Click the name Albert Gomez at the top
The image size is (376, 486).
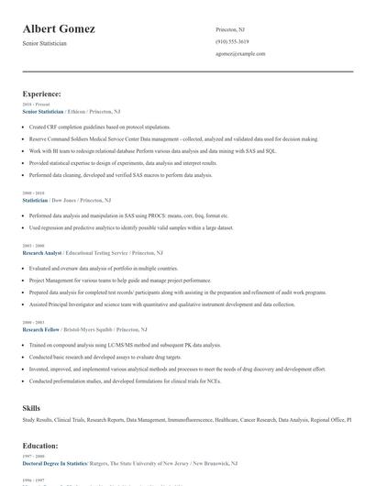click(x=59, y=28)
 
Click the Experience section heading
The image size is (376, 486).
click(x=42, y=94)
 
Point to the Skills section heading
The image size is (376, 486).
click(x=32, y=406)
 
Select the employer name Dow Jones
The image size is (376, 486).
click(x=62, y=199)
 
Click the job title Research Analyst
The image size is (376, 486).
click(x=40, y=251)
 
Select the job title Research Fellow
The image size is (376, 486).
click(x=39, y=328)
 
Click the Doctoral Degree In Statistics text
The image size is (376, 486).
click(x=54, y=464)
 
